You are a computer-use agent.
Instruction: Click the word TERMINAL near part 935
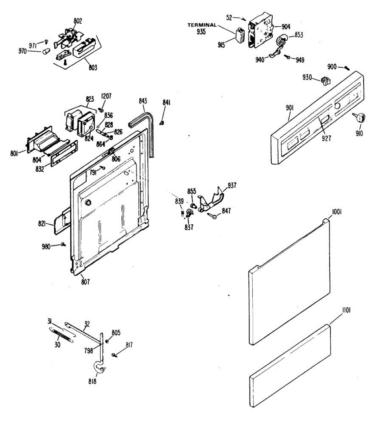[x=202, y=25]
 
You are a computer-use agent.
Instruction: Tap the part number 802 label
[x=78, y=21]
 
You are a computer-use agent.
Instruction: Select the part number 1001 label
[x=336, y=212]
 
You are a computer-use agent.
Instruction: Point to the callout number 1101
[x=346, y=316]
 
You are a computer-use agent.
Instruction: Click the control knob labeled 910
[x=359, y=118]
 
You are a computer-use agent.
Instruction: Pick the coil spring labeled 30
[x=61, y=335]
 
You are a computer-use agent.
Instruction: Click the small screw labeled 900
[x=347, y=68]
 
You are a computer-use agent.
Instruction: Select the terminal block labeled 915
[x=240, y=36]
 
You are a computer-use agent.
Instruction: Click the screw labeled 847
[x=211, y=216]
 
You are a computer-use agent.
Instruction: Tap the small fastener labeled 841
[x=162, y=123]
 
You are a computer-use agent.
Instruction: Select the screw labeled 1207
[x=102, y=109]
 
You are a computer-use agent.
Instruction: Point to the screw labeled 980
[x=63, y=244]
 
